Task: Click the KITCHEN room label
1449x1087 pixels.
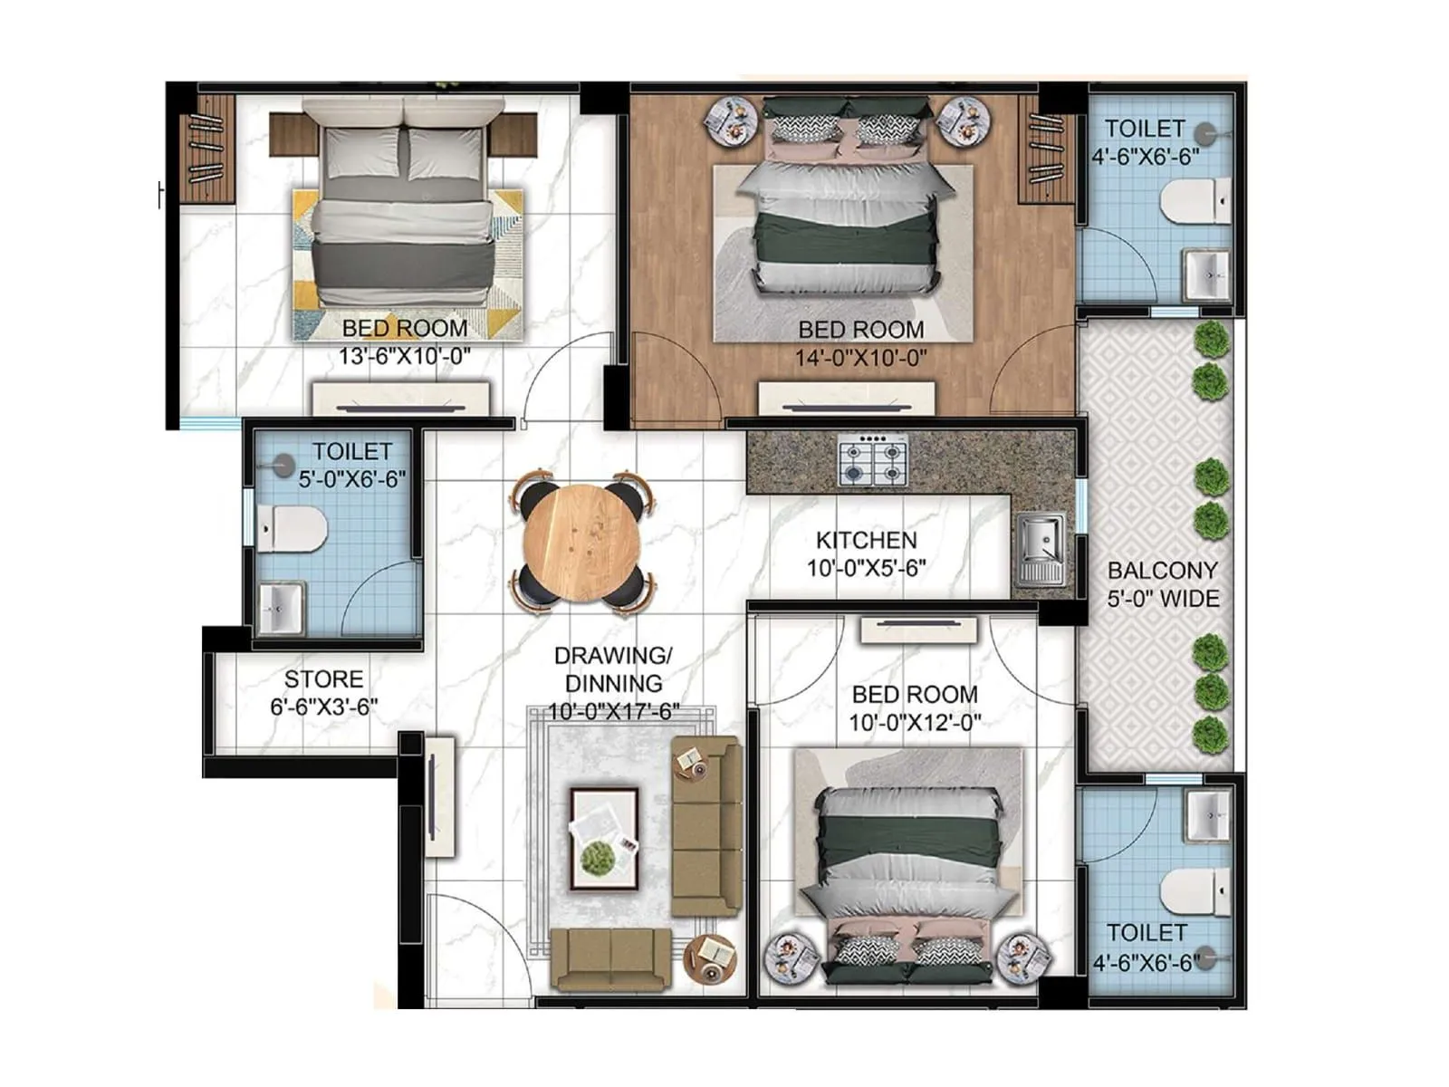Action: click(x=866, y=541)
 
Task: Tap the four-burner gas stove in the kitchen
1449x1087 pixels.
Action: click(x=872, y=460)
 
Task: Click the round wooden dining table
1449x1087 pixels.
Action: click(x=582, y=543)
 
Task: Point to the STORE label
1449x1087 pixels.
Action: click(x=323, y=679)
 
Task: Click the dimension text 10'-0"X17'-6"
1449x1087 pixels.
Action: click(x=614, y=712)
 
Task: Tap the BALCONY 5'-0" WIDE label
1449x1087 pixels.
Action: click(x=1163, y=584)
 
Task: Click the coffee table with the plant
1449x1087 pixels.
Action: click(x=604, y=839)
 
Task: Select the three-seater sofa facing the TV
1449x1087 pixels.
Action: click(x=705, y=826)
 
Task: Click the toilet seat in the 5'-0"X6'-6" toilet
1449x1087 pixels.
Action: click(x=292, y=529)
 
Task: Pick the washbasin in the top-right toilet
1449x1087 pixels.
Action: click(x=1206, y=273)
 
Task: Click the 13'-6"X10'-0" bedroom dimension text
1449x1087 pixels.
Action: click(x=405, y=356)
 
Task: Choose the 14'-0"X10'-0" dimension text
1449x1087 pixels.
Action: click(x=860, y=358)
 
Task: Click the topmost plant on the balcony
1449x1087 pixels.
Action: click(x=1210, y=339)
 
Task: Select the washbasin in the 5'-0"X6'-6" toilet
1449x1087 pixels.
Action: click(x=281, y=607)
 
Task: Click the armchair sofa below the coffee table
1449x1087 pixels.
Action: click(x=611, y=958)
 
